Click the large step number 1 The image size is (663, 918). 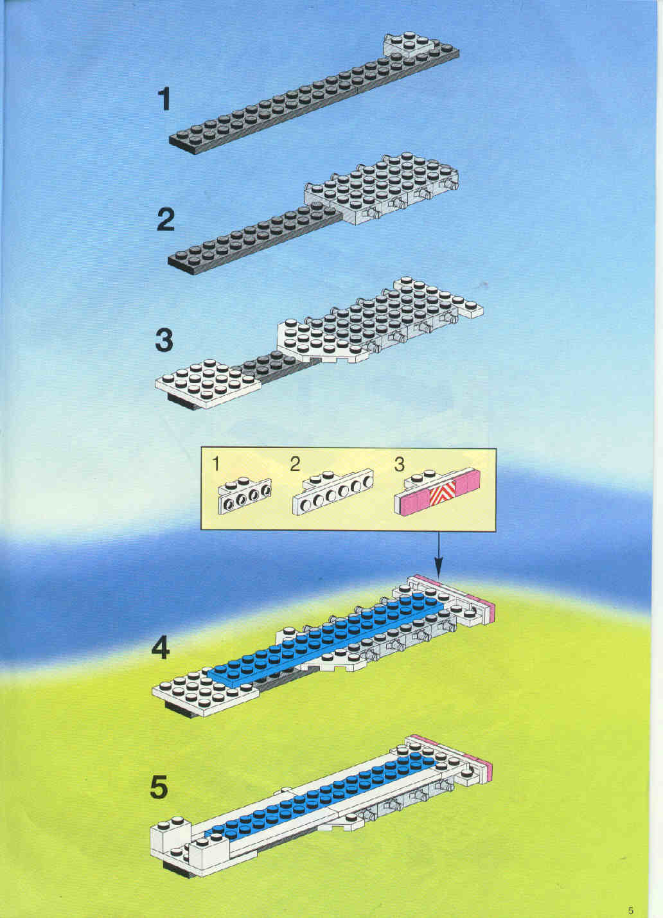point(164,100)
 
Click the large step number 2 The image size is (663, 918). point(166,220)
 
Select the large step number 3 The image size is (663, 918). point(164,341)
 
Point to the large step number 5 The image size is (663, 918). point(159,787)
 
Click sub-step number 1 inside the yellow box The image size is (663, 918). point(216,464)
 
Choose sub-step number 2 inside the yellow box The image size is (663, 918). point(295,464)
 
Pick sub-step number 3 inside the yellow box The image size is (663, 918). point(399,464)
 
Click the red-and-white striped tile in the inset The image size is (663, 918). point(442,493)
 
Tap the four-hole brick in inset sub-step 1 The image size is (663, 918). point(245,495)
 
